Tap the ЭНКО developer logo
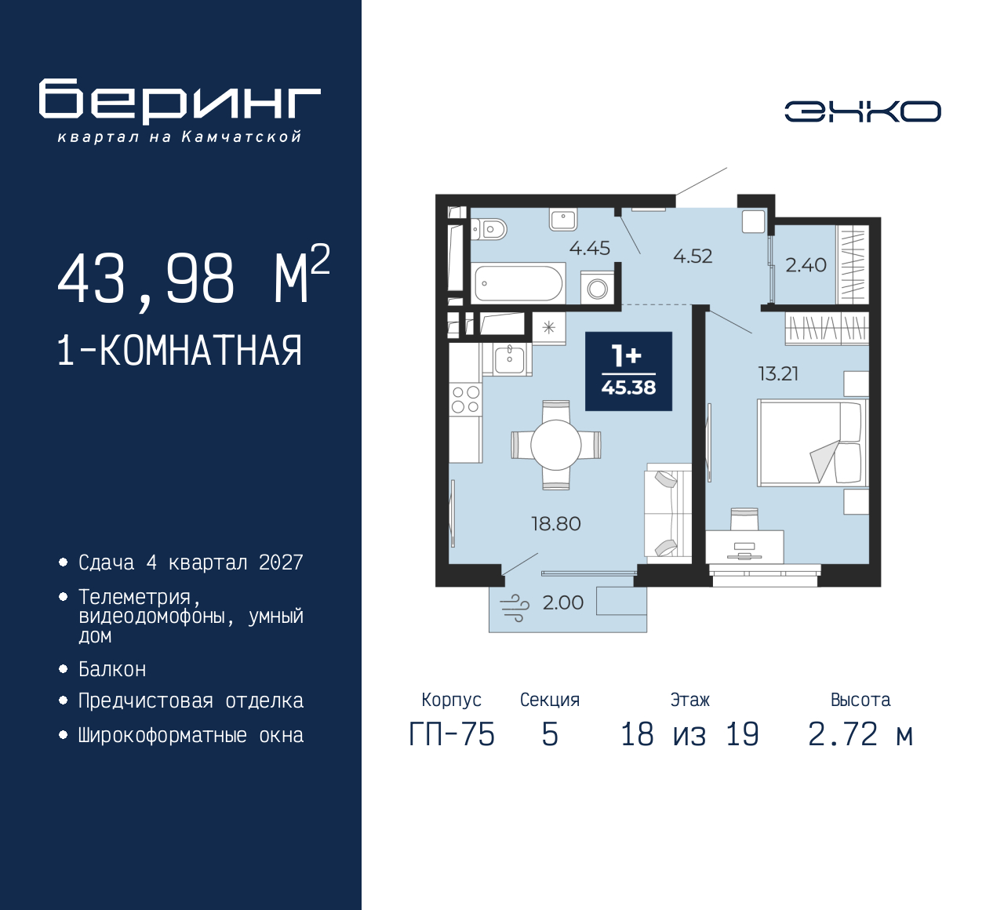[x=862, y=111]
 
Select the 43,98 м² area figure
[x=193, y=278]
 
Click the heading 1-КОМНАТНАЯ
[x=180, y=351]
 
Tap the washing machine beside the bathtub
[x=597, y=288]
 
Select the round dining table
[x=555, y=445]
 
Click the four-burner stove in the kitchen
[x=465, y=399]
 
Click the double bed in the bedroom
[x=811, y=443]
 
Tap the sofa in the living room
[x=668, y=513]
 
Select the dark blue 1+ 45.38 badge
[x=628, y=371]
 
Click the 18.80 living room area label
[x=556, y=524]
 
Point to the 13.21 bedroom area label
[x=778, y=374]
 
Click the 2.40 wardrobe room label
[x=806, y=265]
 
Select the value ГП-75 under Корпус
[x=452, y=735]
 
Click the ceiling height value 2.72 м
[x=860, y=735]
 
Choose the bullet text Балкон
[x=112, y=669]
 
